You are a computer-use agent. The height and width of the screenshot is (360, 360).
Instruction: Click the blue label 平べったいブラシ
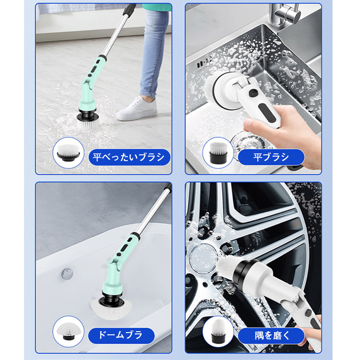click(129, 157)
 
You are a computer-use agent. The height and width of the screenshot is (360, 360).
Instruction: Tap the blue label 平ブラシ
click(271, 157)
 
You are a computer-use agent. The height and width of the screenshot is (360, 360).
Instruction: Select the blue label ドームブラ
click(121, 335)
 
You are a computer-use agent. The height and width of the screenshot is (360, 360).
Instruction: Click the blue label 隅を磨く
click(271, 336)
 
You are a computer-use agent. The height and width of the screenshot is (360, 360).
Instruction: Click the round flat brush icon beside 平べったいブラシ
click(68, 153)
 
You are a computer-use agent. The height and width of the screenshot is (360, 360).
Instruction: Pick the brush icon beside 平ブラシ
click(218, 153)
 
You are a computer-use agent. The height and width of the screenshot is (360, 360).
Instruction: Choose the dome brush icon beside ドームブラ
click(68, 331)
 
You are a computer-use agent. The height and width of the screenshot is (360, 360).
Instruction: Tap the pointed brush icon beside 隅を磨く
click(218, 331)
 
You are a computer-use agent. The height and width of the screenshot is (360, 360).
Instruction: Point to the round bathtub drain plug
click(67, 274)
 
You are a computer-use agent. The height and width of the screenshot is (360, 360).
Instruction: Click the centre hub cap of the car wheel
click(203, 256)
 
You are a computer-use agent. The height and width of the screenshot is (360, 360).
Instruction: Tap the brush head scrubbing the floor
click(87, 121)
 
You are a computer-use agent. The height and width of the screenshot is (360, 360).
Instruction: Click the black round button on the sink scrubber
click(253, 93)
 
